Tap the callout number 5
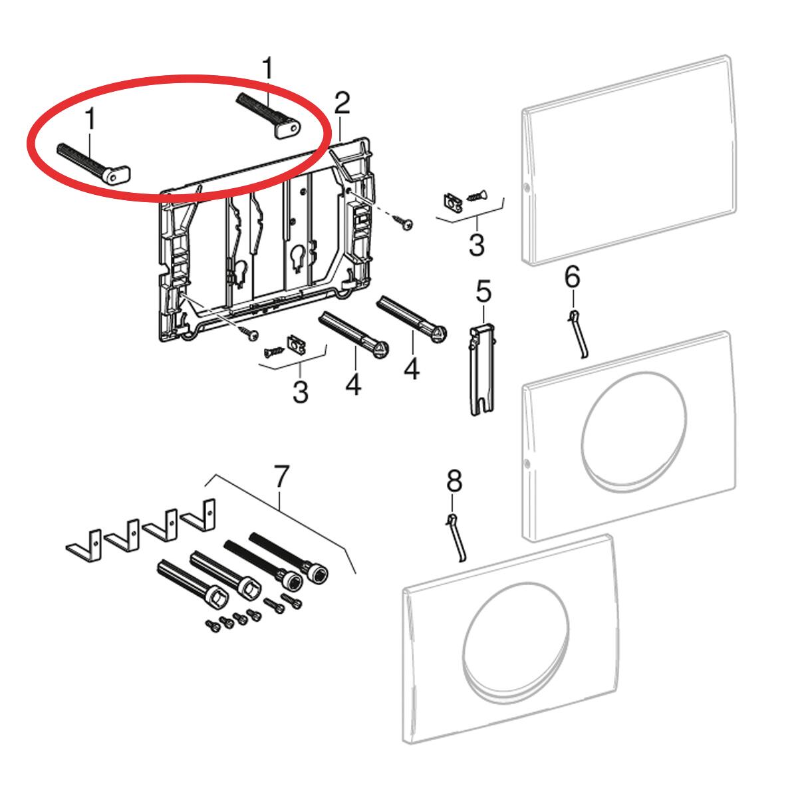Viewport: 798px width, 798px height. click(483, 291)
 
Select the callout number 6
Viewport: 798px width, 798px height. click(573, 277)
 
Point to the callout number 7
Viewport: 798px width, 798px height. click(281, 476)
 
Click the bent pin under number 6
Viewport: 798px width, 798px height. click(578, 334)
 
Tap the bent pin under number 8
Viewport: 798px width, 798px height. click(456, 539)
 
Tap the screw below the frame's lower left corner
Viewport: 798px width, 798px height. click(249, 332)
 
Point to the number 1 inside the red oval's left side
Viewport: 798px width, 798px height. click(90, 118)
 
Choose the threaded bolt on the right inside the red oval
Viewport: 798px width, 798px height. click(269, 116)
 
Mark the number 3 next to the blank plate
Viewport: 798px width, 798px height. click(477, 244)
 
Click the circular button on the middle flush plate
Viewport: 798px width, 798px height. click(634, 431)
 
